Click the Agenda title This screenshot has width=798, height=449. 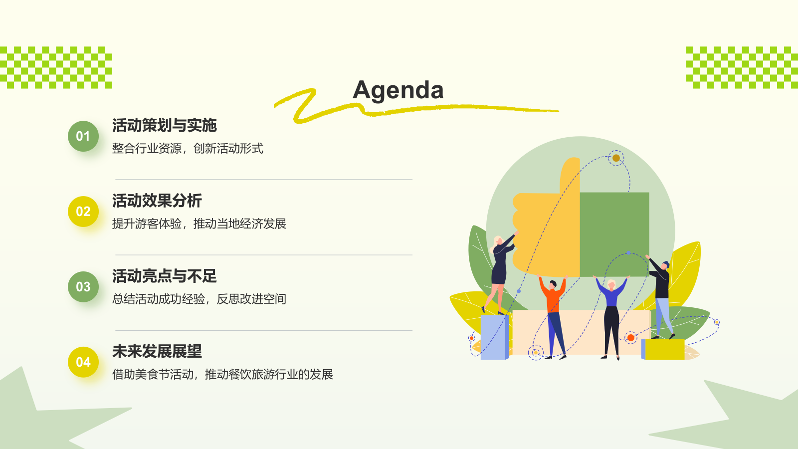(x=398, y=90)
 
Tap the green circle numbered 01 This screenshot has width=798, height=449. (x=83, y=136)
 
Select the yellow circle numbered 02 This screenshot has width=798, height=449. (x=83, y=212)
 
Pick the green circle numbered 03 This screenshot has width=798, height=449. (x=83, y=287)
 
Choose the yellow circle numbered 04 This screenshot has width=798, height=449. (x=83, y=362)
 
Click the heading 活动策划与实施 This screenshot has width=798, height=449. (x=164, y=125)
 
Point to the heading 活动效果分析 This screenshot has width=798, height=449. (x=157, y=201)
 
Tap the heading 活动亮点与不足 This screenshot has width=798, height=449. (x=164, y=276)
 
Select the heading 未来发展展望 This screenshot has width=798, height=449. (x=157, y=351)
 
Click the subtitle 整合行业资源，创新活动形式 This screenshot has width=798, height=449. (x=188, y=149)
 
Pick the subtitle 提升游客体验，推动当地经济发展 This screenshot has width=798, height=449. (x=199, y=224)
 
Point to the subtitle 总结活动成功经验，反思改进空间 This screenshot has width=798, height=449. (x=199, y=299)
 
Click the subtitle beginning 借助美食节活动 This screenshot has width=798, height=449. (x=222, y=375)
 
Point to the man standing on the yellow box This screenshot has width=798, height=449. (x=662, y=294)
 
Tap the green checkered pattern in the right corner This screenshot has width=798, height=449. (x=742, y=67)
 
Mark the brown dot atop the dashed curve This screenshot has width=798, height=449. (x=616, y=158)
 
